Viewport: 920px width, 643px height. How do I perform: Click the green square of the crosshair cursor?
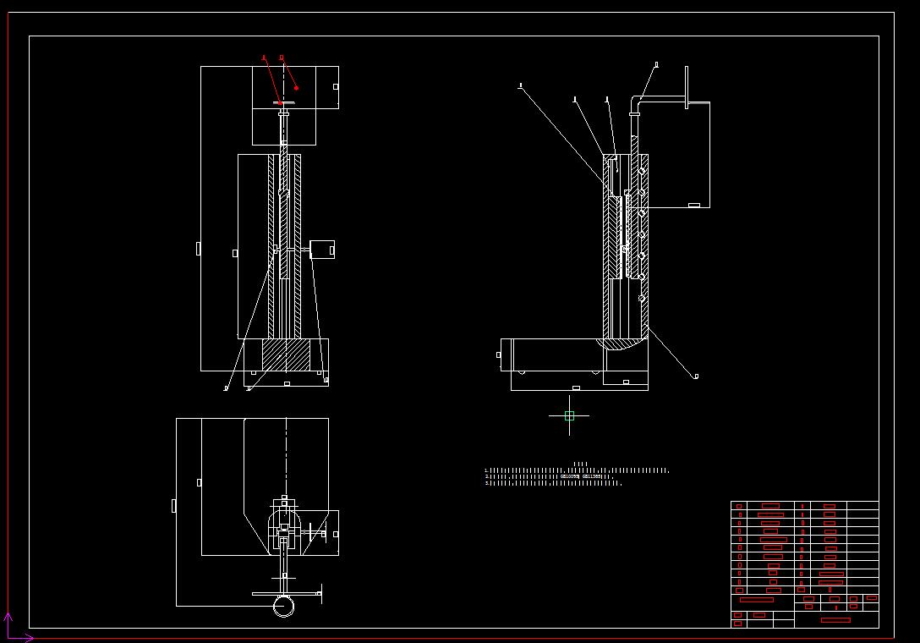pyautogui.click(x=569, y=415)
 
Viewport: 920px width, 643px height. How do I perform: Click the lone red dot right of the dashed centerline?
pyautogui.click(x=297, y=88)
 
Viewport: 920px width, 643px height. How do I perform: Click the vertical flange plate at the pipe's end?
pyautogui.click(x=686, y=88)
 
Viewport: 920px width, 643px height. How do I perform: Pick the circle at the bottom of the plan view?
pyautogui.click(x=284, y=607)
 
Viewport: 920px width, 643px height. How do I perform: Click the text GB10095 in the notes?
pyautogui.click(x=570, y=476)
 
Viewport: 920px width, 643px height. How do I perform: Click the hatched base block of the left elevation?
pyautogui.click(x=287, y=354)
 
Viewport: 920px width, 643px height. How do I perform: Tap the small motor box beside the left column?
pyautogui.click(x=322, y=250)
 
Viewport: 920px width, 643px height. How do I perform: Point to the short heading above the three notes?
pyautogui.click(x=580, y=464)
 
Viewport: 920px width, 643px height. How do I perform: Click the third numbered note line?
pyautogui.click(x=553, y=483)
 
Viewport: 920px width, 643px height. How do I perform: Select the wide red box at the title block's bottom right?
pyautogui.click(x=835, y=620)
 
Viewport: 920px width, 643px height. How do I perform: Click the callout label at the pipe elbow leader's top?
pyautogui.click(x=657, y=64)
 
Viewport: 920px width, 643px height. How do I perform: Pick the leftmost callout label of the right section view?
pyautogui.click(x=520, y=85)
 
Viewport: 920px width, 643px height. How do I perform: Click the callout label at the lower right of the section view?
pyautogui.click(x=696, y=376)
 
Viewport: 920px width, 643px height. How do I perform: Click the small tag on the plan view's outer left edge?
pyautogui.click(x=173, y=505)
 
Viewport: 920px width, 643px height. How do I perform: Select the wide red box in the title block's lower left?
pyautogui.click(x=756, y=599)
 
